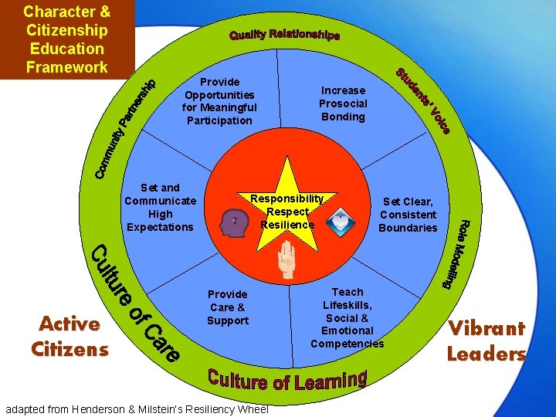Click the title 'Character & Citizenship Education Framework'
pyautogui.click(x=66, y=39)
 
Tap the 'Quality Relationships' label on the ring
pyautogui.click(x=284, y=36)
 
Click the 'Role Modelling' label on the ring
pyautogui.click(x=456, y=254)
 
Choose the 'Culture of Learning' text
pyautogui.click(x=286, y=378)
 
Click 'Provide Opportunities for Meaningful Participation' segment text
pyautogui.click(x=219, y=101)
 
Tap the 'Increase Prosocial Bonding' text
pyautogui.click(x=343, y=103)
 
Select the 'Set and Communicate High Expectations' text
pyautogui.click(x=160, y=207)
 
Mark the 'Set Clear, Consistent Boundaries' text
pyautogui.click(x=408, y=215)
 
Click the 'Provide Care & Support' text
pyautogui.click(x=228, y=307)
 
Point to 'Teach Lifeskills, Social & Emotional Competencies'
pyautogui.click(x=347, y=317)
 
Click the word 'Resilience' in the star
pyautogui.click(x=287, y=225)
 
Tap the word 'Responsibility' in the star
pyautogui.click(x=286, y=199)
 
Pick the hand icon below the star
pyautogui.click(x=286, y=263)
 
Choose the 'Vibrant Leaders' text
pyautogui.click(x=486, y=341)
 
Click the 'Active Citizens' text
pyautogui.click(x=69, y=337)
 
